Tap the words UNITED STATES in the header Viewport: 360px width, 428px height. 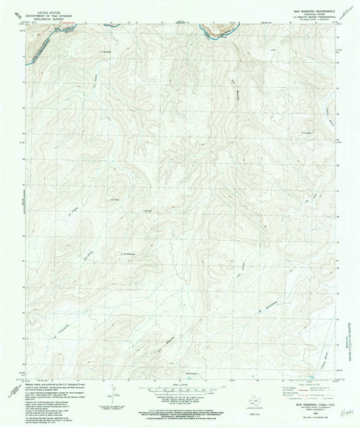click(x=42, y=11)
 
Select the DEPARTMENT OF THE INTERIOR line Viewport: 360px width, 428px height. click(x=42, y=14)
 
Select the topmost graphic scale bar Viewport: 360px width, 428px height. click(x=180, y=390)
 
